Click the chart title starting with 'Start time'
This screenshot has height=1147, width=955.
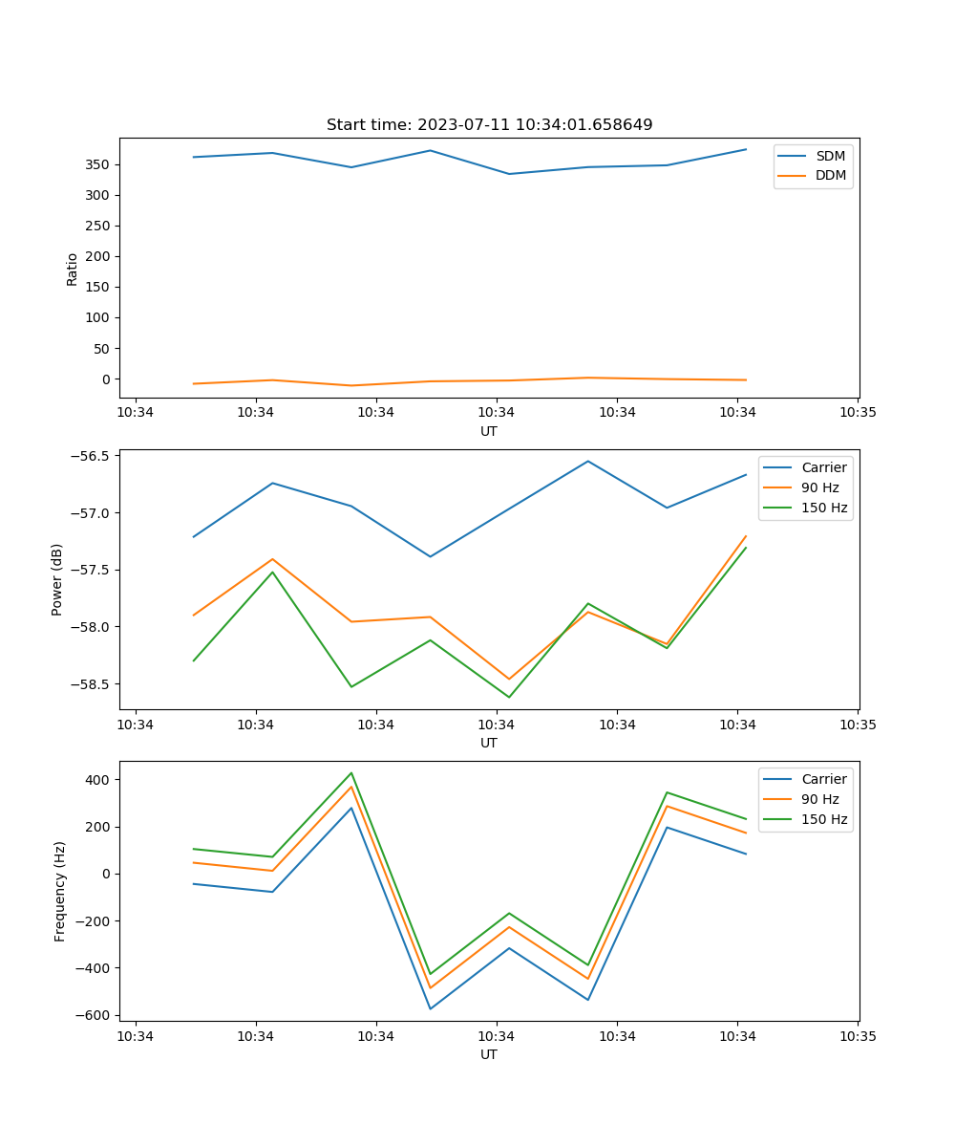(489, 125)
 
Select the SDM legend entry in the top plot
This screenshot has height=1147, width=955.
(830, 156)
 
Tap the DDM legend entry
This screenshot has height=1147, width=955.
(830, 175)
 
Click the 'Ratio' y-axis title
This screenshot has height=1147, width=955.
(73, 269)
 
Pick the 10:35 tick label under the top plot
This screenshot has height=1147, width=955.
(858, 413)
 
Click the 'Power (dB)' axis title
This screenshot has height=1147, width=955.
(57, 579)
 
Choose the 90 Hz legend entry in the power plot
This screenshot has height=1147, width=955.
(819, 487)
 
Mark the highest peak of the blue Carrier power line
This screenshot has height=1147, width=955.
(588, 462)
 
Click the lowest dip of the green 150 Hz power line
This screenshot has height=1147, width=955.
(509, 697)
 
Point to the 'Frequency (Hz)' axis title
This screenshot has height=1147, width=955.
(60, 891)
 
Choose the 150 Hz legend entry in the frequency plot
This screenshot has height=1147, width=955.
(823, 819)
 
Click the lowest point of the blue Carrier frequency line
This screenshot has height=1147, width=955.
(430, 1008)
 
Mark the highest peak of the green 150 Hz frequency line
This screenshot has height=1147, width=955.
(351, 773)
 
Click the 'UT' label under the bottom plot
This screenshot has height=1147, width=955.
(489, 1054)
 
